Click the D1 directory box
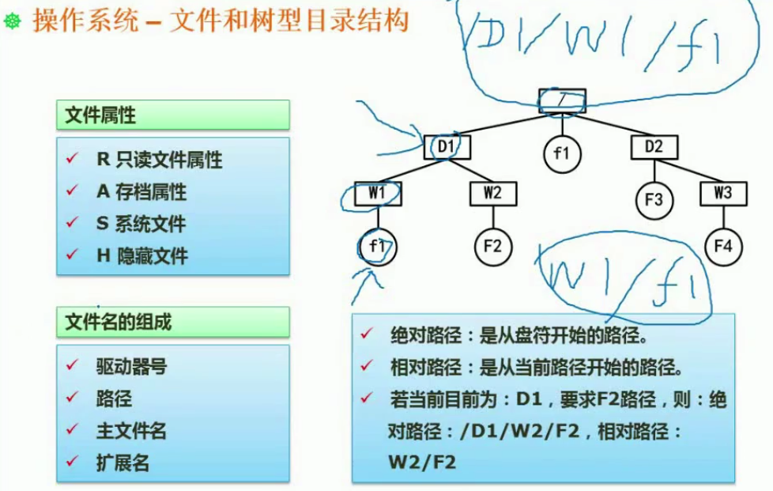(x=447, y=147)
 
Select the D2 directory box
(x=654, y=147)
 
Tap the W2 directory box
(x=492, y=193)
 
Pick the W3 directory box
(x=723, y=193)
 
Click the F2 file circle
(x=492, y=246)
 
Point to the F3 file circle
(x=654, y=200)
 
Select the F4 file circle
(x=723, y=246)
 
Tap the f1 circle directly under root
(x=562, y=154)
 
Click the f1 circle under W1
(x=377, y=247)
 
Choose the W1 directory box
(x=377, y=193)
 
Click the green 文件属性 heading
(x=173, y=115)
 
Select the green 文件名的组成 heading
(x=173, y=322)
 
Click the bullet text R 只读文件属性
(x=159, y=160)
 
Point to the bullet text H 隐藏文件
(x=141, y=256)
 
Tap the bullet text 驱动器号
(x=131, y=367)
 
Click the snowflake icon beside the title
(x=13, y=21)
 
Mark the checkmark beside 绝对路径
(x=366, y=334)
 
